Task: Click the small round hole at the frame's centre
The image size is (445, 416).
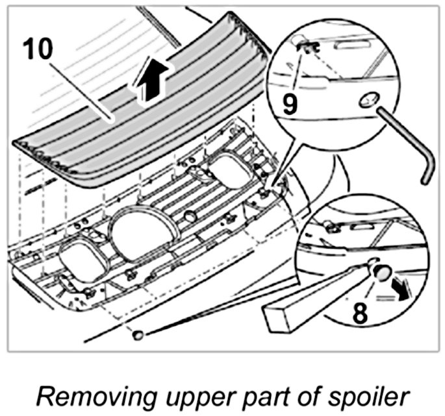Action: coord(190,215)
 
